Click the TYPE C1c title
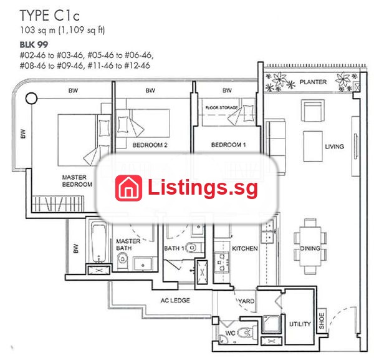49,16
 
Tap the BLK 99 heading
34,44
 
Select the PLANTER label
313,82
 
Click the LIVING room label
334,147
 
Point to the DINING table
310,246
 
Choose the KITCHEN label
245,248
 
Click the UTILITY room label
300,324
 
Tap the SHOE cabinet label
322,321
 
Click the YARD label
246,301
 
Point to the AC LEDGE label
175,300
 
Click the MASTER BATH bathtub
99,242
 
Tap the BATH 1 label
174,248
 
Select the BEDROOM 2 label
150,145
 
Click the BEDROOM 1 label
228,145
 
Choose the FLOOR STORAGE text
221,108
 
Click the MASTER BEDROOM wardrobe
58,203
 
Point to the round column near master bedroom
31,98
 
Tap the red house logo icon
128,188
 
